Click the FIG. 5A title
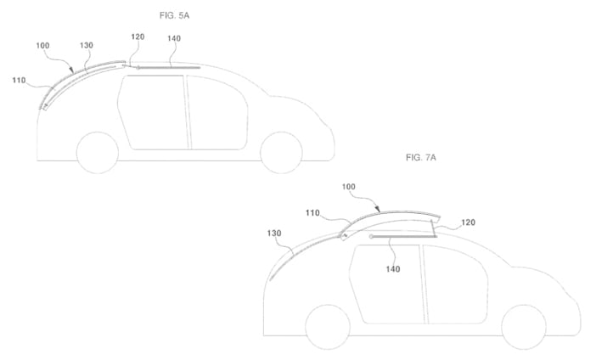tap(174, 15)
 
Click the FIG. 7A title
tap(421, 157)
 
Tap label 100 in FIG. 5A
tap(42, 46)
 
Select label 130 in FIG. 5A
tap(87, 45)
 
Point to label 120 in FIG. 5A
tap(138, 37)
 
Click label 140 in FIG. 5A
tap(174, 38)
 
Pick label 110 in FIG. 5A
tap(19, 80)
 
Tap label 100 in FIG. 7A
tap(349, 187)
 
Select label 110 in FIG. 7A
tap(312, 213)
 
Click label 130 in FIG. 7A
tap(274, 233)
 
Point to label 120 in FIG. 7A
tap(468, 222)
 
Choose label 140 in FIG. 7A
tap(392, 269)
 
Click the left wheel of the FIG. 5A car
tap(98, 153)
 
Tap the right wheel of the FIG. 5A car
tap(281, 153)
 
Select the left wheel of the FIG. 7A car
tap(328, 327)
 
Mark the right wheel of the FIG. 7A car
tap(524, 327)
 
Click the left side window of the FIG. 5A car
tap(152, 112)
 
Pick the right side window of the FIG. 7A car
tap(455, 284)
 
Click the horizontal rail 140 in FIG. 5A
tap(168, 68)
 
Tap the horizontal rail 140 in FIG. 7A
tap(403, 236)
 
